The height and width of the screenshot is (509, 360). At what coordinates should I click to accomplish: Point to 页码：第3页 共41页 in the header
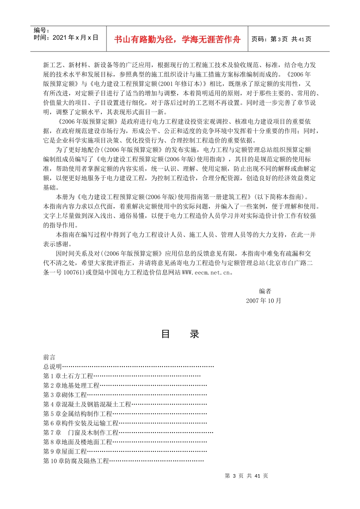click(x=281, y=39)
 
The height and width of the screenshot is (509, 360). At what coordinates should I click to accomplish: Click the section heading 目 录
click(x=180, y=334)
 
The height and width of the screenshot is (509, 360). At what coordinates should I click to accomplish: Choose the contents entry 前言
click(x=49, y=357)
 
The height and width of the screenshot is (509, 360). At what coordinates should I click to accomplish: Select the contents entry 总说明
click(x=52, y=367)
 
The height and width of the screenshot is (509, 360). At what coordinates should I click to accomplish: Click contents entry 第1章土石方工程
click(x=68, y=376)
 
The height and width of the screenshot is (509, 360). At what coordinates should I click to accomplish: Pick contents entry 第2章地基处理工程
click(x=71, y=386)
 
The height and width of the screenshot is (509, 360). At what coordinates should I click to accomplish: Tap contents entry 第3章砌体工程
click(x=65, y=395)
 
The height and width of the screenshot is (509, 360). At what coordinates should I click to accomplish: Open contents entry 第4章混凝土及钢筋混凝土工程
click(x=87, y=404)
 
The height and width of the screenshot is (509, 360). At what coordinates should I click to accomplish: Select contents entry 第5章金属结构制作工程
click(x=78, y=414)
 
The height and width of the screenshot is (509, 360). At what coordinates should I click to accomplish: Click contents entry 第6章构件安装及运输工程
click(x=81, y=423)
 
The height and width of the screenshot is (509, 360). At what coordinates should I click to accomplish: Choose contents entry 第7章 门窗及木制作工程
click(x=81, y=432)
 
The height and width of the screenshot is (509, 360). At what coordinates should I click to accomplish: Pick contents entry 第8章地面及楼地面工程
click(x=78, y=442)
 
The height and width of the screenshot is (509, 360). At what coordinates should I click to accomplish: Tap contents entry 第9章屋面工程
click(x=65, y=451)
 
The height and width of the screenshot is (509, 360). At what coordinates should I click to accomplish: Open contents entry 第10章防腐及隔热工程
click(x=76, y=461)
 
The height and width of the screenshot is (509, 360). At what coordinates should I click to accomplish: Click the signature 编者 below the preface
click(x=265, y=291)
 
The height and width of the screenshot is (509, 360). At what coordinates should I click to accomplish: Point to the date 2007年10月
click(x=263, y=301)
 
